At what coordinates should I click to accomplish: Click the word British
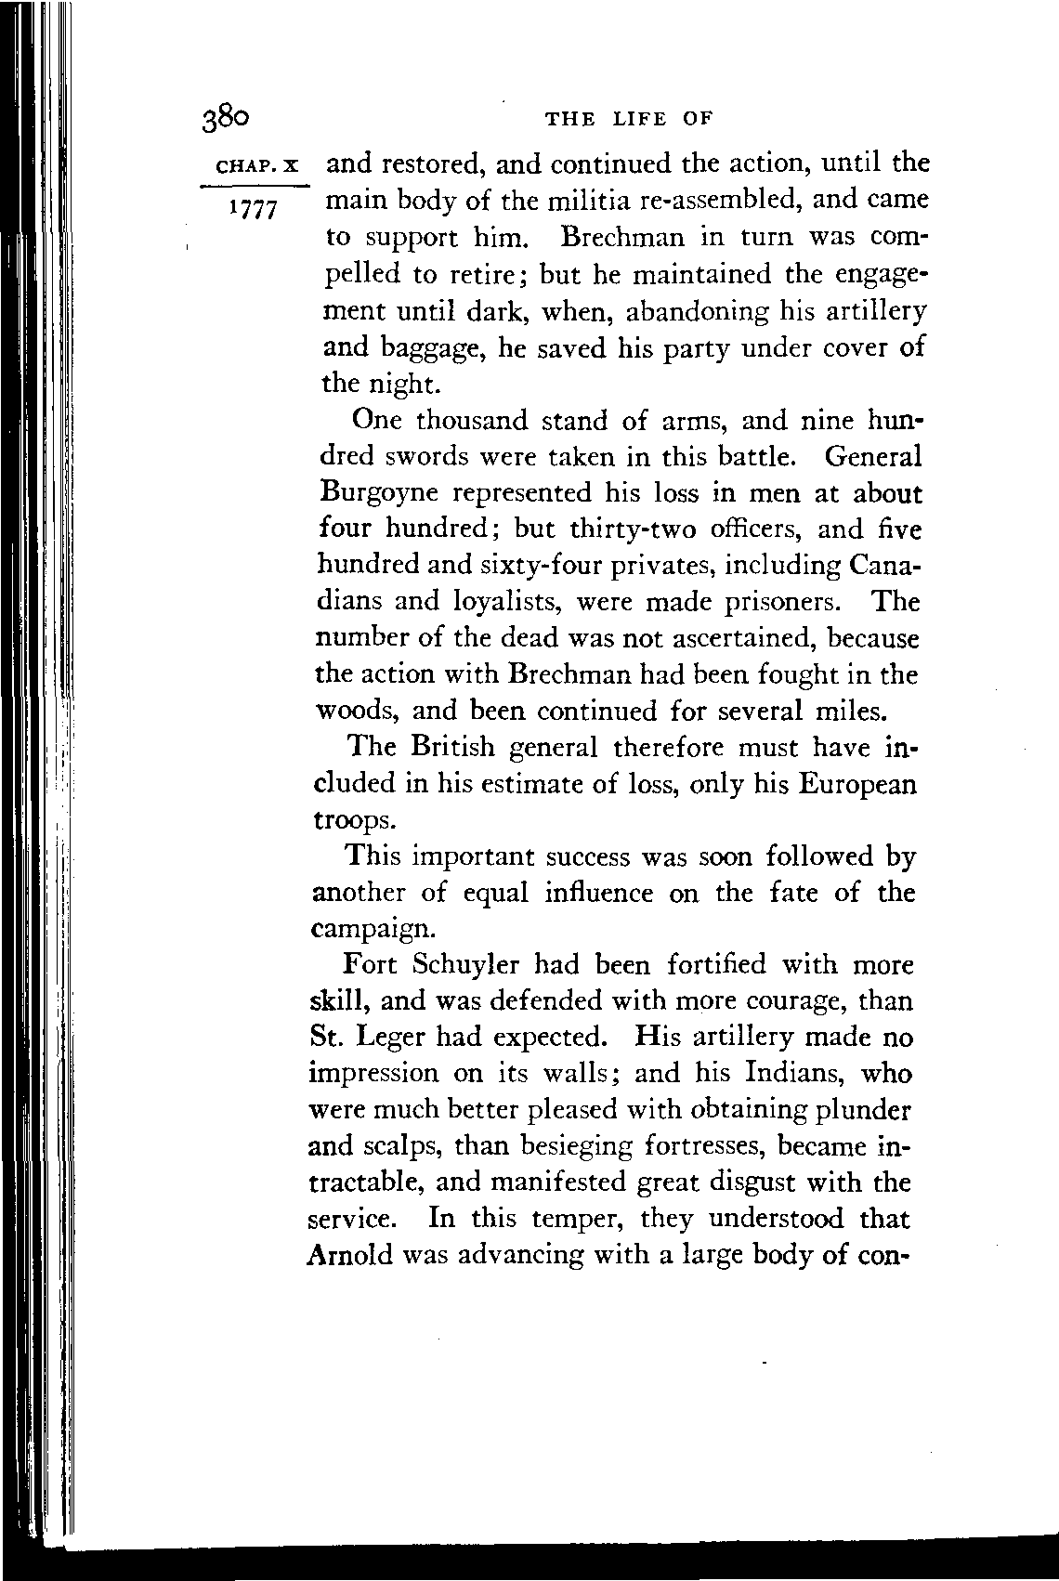tap(454, 748)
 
